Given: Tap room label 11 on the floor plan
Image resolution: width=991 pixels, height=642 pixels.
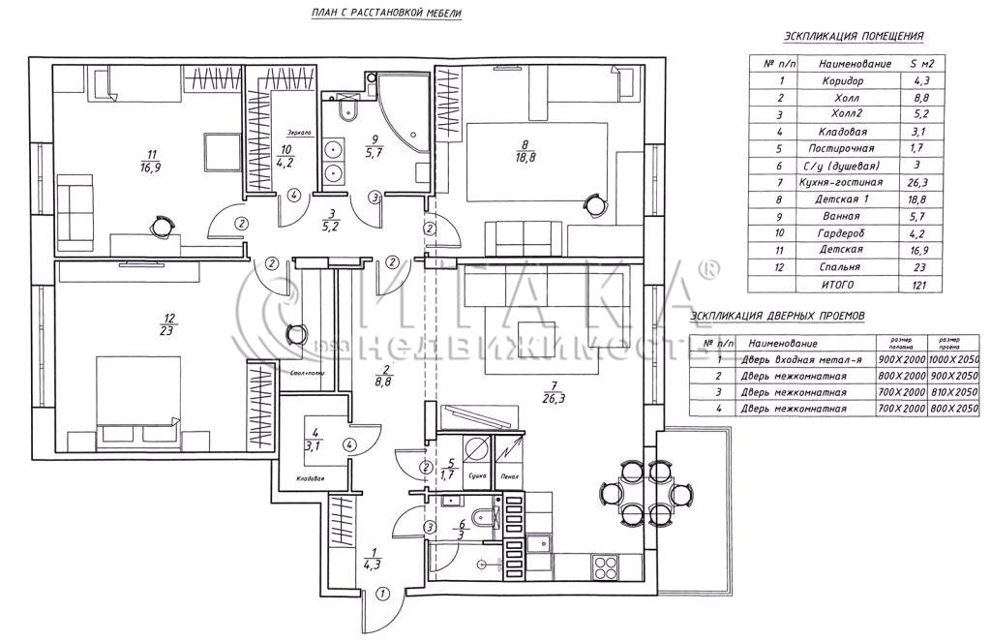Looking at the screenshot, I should pos(152,153).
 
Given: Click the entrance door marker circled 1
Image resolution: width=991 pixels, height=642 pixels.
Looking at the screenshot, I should pos(381,594).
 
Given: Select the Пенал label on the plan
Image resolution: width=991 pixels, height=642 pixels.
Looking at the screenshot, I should pos(509,476).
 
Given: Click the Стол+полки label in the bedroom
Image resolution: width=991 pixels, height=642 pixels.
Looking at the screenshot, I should pos(307,372).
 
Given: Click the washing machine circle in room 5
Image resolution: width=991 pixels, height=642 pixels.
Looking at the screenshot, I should pos(474,449).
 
